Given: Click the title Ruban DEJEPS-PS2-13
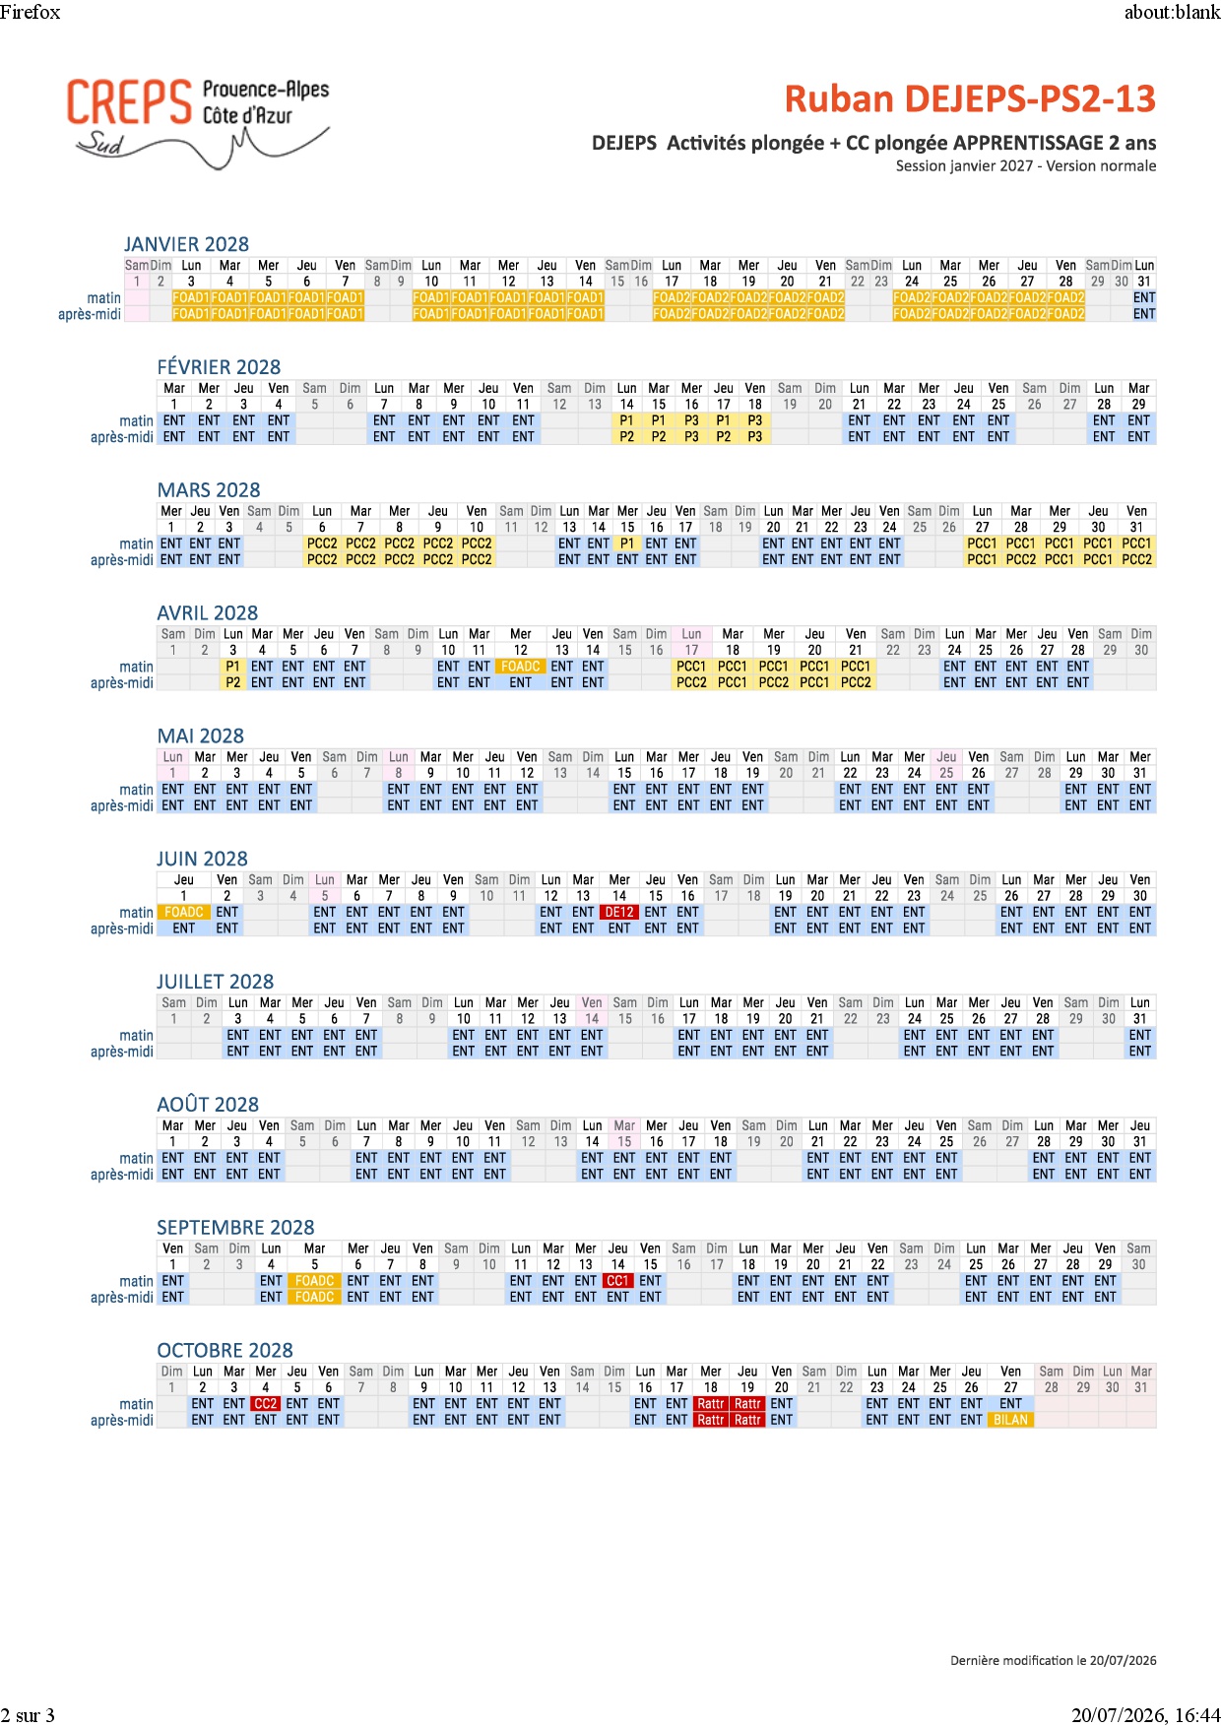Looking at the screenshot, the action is coord(970,99).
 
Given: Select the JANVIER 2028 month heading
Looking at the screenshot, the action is coord(186,244).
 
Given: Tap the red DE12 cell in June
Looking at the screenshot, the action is coord(619,912).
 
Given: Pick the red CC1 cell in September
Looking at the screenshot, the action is coord(617,1281).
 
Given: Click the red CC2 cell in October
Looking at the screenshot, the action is coord(265,1404).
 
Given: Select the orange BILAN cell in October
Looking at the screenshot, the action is coord(1010,1420).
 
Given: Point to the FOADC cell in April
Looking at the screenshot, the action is coord(520,667).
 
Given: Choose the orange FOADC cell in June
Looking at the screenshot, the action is coord(183,912).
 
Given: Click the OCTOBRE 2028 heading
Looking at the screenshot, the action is coord(225,1350).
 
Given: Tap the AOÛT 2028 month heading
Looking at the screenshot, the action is coord(208,1105).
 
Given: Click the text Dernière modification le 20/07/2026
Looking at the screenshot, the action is coord(1054,1660).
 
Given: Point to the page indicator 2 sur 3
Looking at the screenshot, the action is coord(28,1715).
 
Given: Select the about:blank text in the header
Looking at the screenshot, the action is coord(1172,12).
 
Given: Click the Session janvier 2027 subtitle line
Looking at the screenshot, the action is coord(1026,165).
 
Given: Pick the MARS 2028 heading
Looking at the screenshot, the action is coord(209,490).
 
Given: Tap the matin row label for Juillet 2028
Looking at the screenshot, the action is coord(136,1036).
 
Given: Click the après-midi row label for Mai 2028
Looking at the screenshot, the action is coord(122,805).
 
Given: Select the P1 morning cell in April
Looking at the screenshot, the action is coord(232,667).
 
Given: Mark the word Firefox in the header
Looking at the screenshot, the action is coord(31,12).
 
